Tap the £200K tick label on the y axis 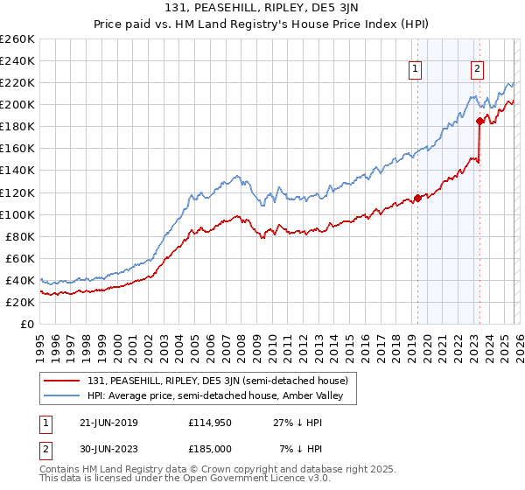coord(17,104)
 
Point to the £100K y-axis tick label coord(17,214)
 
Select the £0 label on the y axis coord(26,324)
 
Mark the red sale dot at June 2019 coord(417,198)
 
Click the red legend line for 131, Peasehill coord(62,381)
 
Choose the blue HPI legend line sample coord(62,396)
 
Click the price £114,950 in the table coord(212,423)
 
